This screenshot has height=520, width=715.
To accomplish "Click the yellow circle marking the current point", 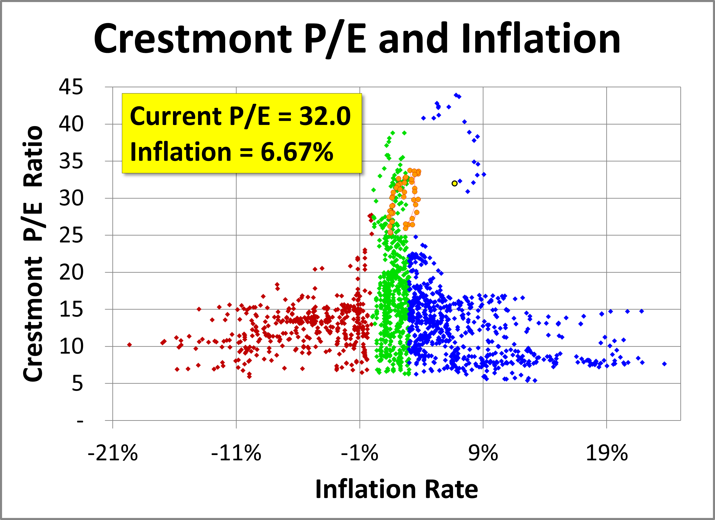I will [x=454, y=183].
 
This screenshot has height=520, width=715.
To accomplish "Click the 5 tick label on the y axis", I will [x=77, y=384].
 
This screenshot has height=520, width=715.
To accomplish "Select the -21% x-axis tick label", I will [x=113, y=453].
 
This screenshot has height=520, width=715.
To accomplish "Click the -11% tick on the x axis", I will [x=236, y=453].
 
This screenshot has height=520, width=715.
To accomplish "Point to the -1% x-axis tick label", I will [x=359, y=453].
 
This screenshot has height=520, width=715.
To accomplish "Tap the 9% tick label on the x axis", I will [x=483, y=453].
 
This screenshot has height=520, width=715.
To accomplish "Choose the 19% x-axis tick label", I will [x=607, y=453].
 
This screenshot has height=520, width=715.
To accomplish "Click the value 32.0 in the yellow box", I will [x=325, y=116].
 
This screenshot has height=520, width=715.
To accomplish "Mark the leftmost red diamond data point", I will [x=129, y=345].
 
